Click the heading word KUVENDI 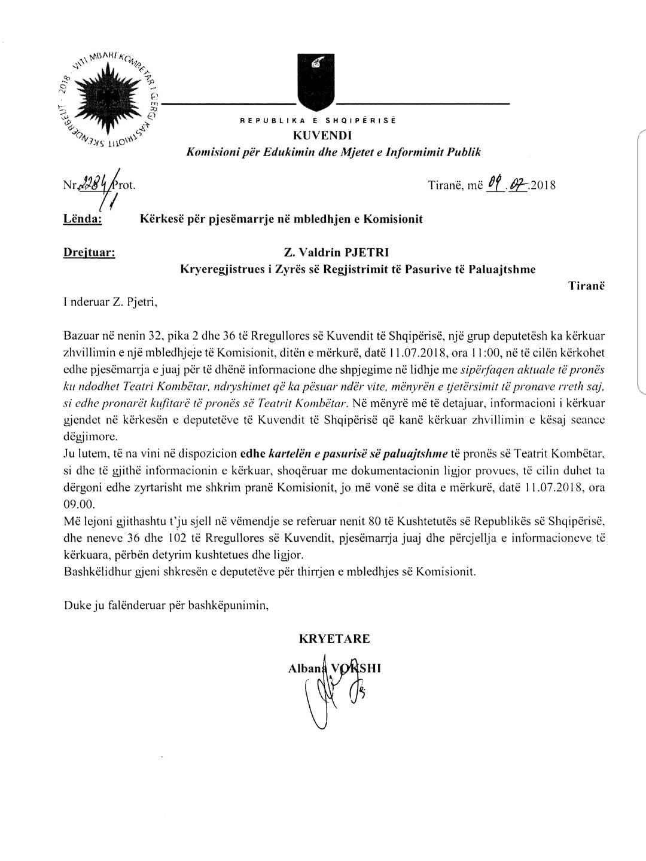tap(317, 136)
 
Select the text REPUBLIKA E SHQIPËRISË tap(318, 121)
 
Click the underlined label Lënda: tap(83, 219)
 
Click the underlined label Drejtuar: tap(90, 252)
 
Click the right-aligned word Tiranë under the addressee tap(586, 286)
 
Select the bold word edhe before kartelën tap(253, 453)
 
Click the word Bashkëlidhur tap(94, 572)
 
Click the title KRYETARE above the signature tap(334, 639)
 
